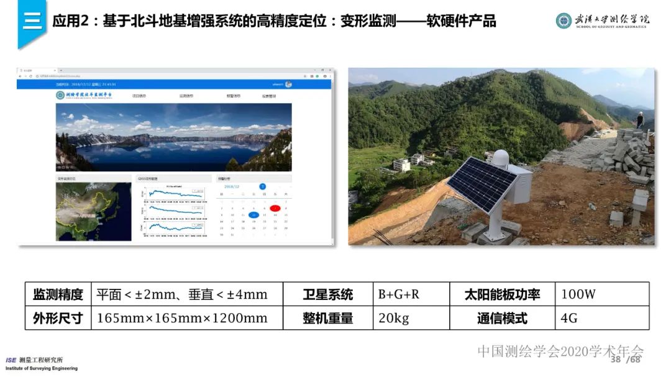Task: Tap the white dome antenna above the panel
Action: click(500, 158)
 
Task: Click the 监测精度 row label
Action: click(58, 294)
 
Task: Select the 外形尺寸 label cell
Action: click(58, 318)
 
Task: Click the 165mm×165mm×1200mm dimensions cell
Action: click(183, 318)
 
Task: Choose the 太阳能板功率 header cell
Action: click(502, 294)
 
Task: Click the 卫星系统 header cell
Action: click(327, 294)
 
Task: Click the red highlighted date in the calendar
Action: click(275, 208)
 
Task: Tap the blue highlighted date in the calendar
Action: click(253, 215)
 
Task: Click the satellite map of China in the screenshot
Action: click(94, 211)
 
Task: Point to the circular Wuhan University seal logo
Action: click(564, 20)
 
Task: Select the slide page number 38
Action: click(616, 360)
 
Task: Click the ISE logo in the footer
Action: click(11, 360)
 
